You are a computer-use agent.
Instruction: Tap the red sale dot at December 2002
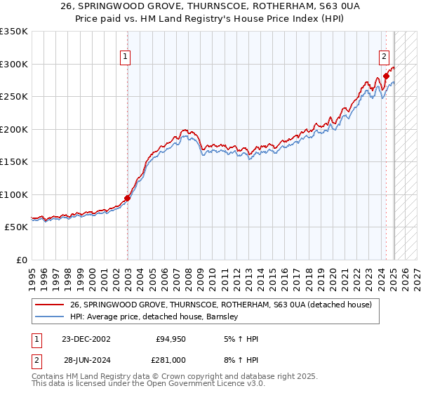[x=128, y=198]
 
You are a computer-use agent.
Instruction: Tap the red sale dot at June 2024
[x=387, y=76]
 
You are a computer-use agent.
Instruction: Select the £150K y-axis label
[x=14, y=161]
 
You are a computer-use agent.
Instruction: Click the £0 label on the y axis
[x=22, y=260]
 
